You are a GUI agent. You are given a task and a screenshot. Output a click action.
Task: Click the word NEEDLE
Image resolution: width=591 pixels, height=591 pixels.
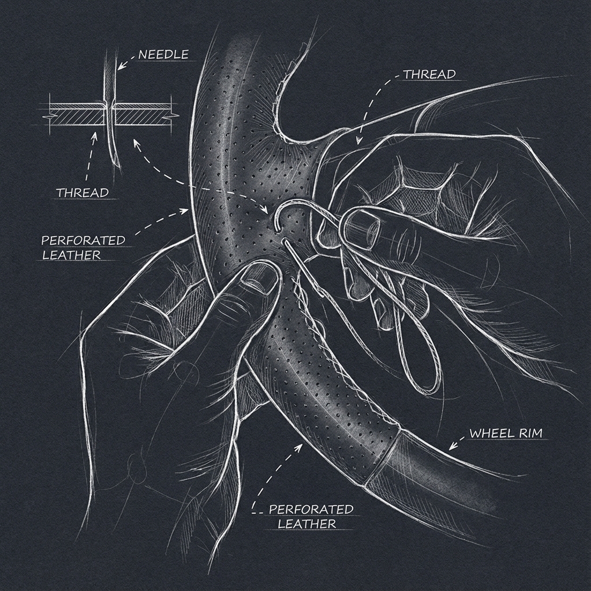pyautogui.click(x=164, y=55)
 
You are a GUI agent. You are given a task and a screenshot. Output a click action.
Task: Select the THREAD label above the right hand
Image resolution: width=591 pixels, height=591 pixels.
pyautogui.click(x=429, y=74)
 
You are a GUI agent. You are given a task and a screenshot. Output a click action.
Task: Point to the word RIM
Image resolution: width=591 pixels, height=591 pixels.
pyautogui.click(x=529, y=433)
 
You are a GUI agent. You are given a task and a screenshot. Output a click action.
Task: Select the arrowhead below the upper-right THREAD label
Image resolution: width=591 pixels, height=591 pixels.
pyautogui.click(x=358, y=140)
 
